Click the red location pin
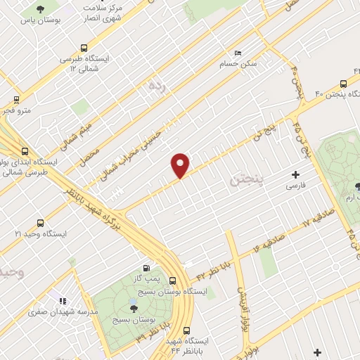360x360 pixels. (x=181, y=165)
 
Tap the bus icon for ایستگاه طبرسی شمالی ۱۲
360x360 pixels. (x=84, y=49)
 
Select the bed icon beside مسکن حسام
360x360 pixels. (x=238, y=53)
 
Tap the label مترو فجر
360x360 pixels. (x=15, y=110)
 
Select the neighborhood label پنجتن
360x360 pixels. (x=246, y=181)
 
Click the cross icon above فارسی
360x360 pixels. (x=295, y=174)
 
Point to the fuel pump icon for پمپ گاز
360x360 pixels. (x=146, y=267)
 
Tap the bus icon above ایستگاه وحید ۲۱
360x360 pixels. (x=40, y=221)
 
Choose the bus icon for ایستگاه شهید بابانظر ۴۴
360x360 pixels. (x=186, y=330)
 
